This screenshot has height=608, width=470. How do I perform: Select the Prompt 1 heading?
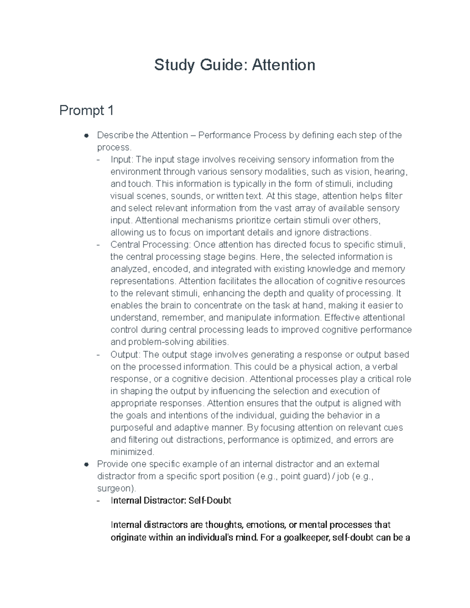[x=86, y=111]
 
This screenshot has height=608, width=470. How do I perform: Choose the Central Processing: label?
[x=150, y=245]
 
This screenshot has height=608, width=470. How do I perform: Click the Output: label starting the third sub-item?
[x=125, y=355]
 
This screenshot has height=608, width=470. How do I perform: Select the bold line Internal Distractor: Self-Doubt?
[x=171, y=501]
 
